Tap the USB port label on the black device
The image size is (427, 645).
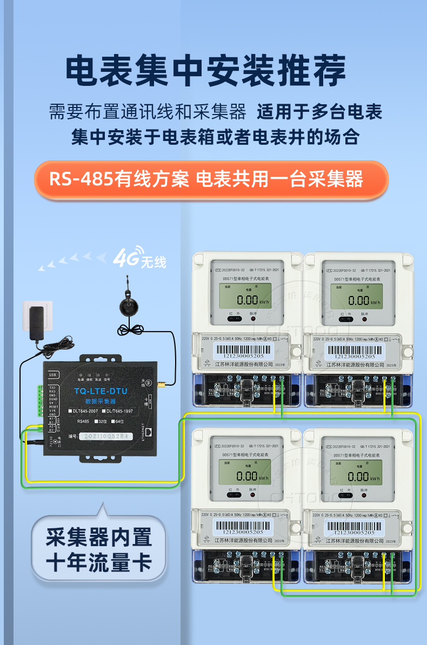click(x=53, y=374)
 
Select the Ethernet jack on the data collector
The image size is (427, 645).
click(x=155, y=432)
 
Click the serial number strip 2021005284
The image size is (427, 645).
click(x=103, y=436)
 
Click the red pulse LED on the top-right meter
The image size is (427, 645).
click(x=364, y=319)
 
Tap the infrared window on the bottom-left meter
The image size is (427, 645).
click(x=230, y=495)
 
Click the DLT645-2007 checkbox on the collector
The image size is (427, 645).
click(x=70, y=412)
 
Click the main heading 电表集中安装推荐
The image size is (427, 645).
click(x=206, y=71)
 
